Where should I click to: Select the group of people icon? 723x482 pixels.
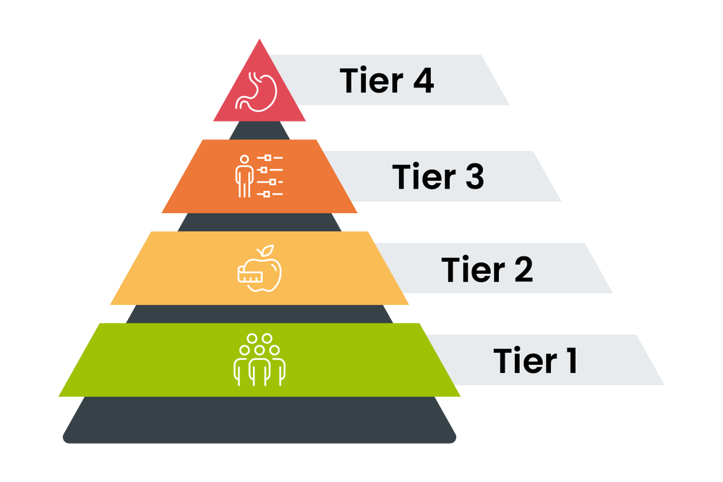pyautogui.click(x=260, y=358)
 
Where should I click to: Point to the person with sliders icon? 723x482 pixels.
pyautogui.click(x=260, y=175)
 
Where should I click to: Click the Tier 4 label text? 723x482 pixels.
pyautogui.click(x=387, y=80)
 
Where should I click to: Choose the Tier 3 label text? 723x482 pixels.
pyautogui.click(x=438, y=177)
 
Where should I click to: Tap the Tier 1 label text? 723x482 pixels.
pyautogui.click(x=536, y=360)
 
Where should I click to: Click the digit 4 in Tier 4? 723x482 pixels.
pyautogui.click(x=421, y=80)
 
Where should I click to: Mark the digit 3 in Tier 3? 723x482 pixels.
pyautogui.click(x=472, y=177)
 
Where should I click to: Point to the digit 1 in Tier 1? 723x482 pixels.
pyautogui.click(x=570, y=360)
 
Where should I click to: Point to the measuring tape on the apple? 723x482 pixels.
pyautogui.click(x=250, y=272)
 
